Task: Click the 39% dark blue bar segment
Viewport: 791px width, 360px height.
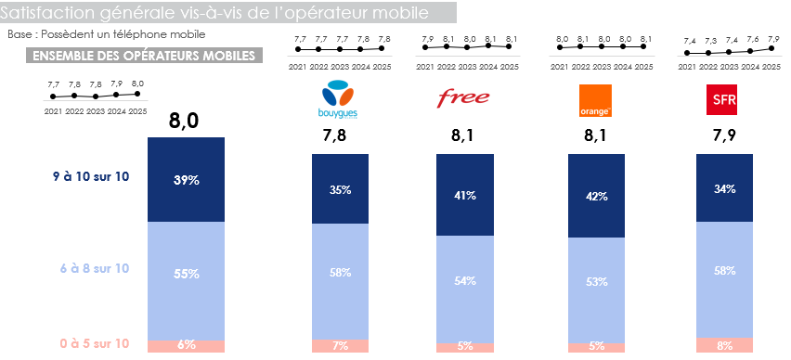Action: coord(187,180)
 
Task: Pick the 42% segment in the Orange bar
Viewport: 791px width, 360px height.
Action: coord(596,196)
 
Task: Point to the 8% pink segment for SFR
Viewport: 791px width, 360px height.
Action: coord(724,345)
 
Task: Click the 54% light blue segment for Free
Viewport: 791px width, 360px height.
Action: coord(465,280)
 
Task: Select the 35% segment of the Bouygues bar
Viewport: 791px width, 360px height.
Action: coord(340,190)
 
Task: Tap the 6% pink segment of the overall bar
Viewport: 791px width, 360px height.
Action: coord(187,345)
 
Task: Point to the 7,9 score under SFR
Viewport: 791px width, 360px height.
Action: coord(723,136)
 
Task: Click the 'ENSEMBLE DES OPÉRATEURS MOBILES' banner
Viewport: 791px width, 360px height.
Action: coord(144,56)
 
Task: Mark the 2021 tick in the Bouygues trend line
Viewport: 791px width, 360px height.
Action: coord(299,67)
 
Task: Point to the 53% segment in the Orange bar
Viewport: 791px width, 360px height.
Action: coord(596,281)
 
